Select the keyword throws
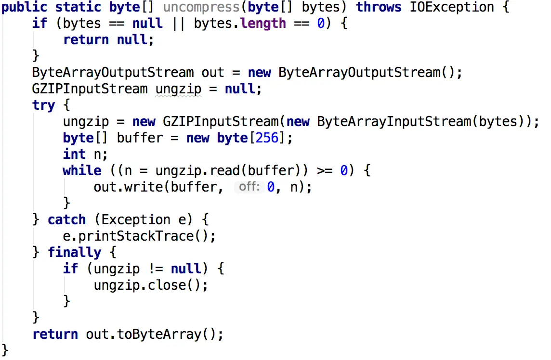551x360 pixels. (379, 7)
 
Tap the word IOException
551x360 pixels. (452, 7)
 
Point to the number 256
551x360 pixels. (267, 138)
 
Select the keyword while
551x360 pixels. (82, 171)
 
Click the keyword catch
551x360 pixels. (66, 220)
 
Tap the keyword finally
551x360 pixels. (74, 252)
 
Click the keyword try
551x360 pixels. (44, 105)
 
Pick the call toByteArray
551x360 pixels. (159, 334)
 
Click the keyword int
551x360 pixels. (74, 154)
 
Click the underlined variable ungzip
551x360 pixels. (178, 89)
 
